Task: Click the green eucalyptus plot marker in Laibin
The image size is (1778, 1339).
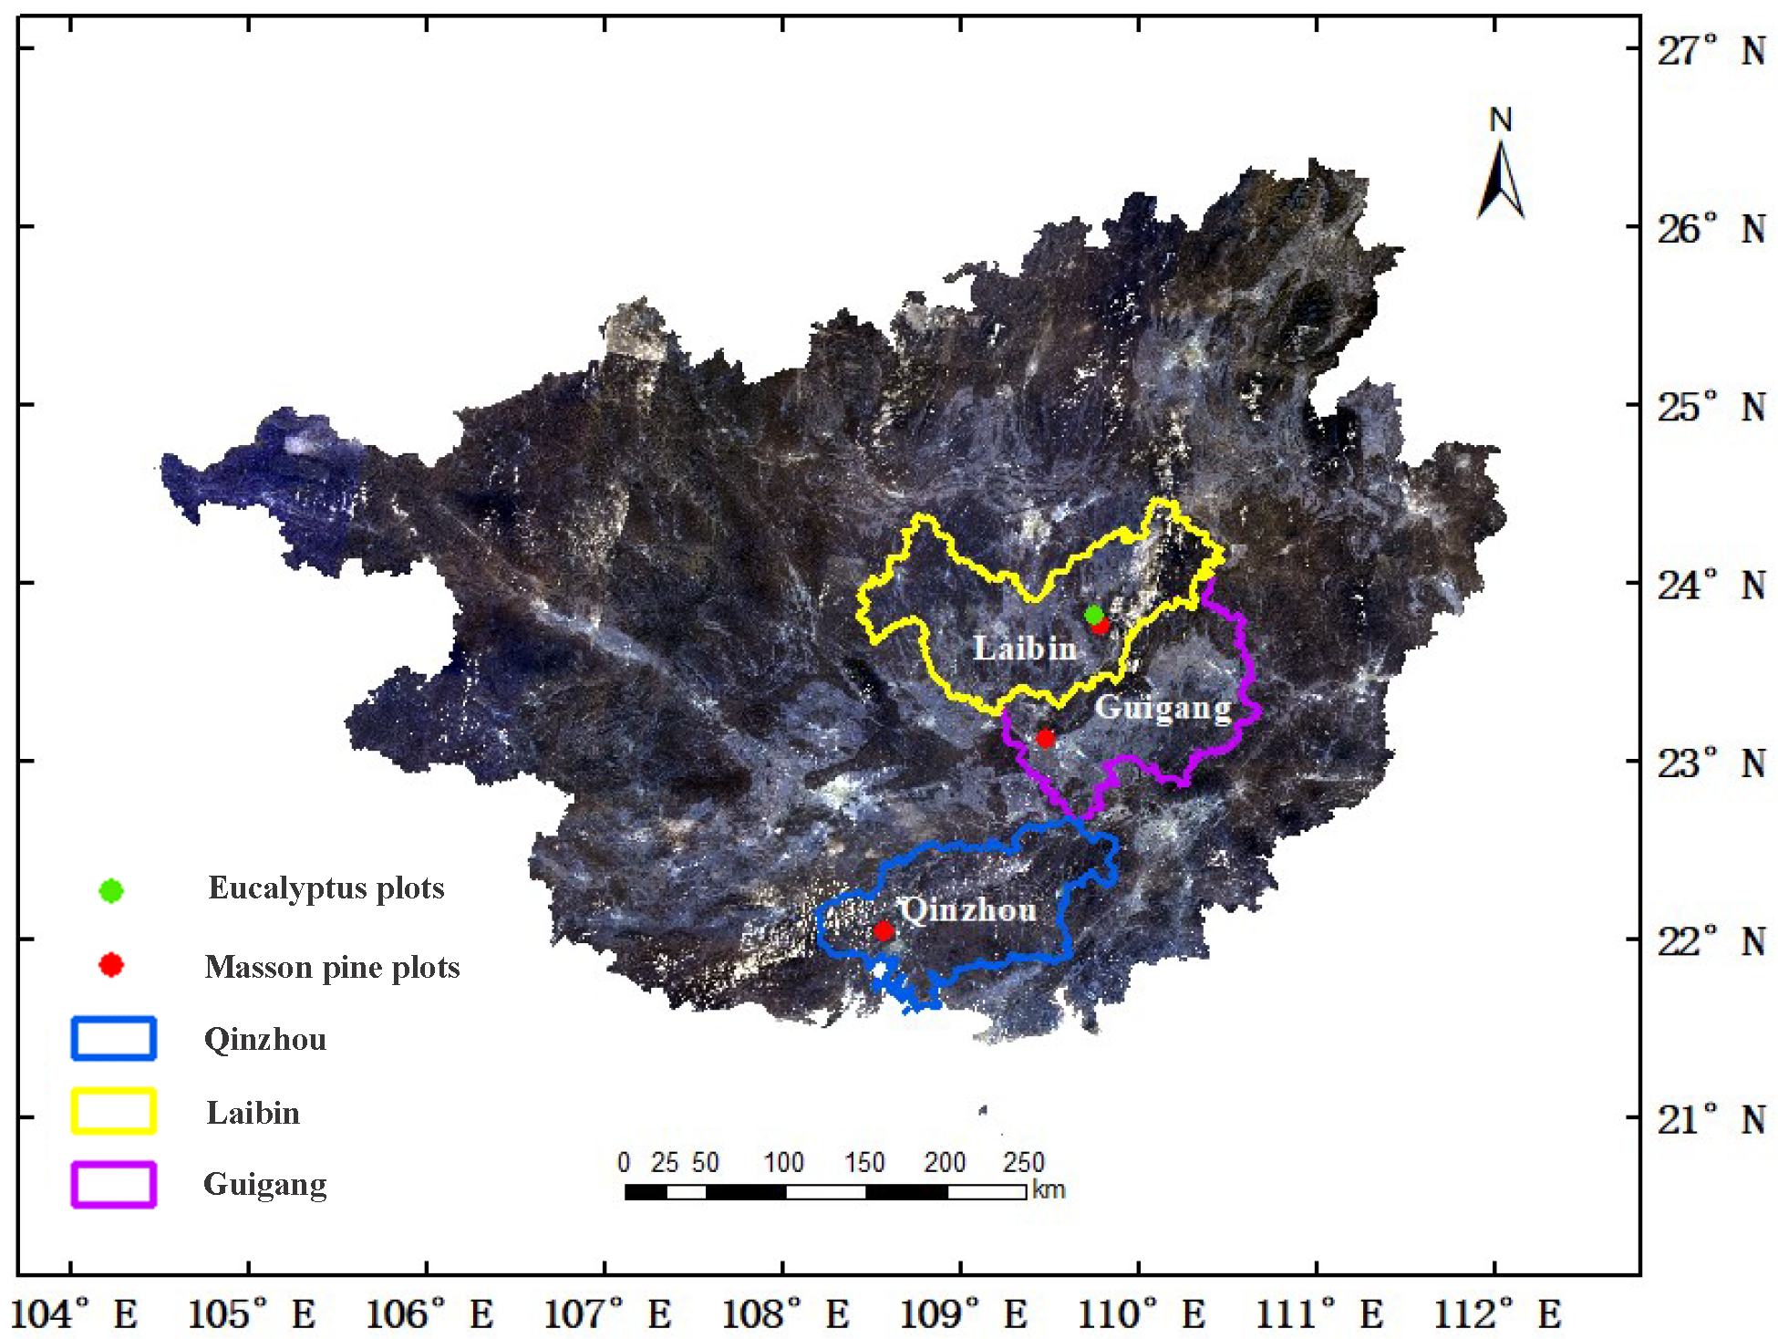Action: click(x=1094, y=615)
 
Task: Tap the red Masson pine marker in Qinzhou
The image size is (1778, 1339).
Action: click(x=883, y=930)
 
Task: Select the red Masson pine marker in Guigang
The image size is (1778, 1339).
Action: click(x=1045, y=738)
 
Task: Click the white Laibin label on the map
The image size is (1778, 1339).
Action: click(x=1025, y=649)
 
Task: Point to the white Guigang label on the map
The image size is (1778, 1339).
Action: click(x=1163, y=708)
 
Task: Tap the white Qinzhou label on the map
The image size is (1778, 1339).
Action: click(x=968, y=909)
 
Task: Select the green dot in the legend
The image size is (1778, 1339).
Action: click(x=111, y=890)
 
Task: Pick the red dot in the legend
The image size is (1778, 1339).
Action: click(x=111, y=965)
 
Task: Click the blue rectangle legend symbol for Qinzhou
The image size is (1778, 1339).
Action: click(x=114, y=1039)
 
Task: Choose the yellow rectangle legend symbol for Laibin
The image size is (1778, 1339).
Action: click(x=114, y=1111)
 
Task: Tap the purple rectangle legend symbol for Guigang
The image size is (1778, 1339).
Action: click(x=114, y=1184)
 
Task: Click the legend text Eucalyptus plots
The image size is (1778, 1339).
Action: click(x=326, y=888)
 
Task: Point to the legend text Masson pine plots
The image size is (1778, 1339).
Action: click(x=332, y=967)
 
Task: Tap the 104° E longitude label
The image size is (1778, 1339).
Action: click(x=73, y=1314)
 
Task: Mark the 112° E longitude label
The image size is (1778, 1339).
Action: click(x=1497, y=1314)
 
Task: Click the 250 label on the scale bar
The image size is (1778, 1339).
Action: click(x=1023, y=1162)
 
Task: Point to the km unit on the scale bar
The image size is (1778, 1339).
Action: click(x=1049, y=1190)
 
